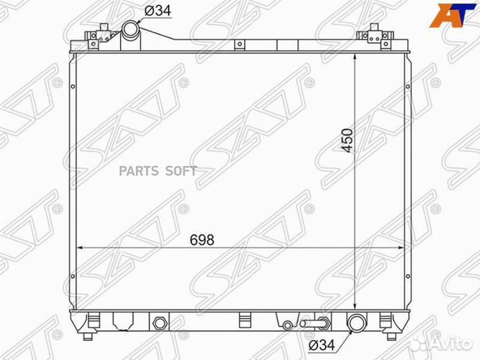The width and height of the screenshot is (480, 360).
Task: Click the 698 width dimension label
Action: pyautogui.click(x=202, y=240)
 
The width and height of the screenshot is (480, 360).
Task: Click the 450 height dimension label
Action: pyautogui.click(x=347, y=141)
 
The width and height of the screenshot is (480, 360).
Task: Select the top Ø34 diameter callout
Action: pyautogui.click(x=157, y=11)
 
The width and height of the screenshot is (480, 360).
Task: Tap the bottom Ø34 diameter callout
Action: pyautogui.click(x=322, y=345)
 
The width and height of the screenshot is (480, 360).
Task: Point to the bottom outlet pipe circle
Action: pyautogui.click(x=357, y=323)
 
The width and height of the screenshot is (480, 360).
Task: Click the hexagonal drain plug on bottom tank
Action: pyautogui.click(x=159, y=323)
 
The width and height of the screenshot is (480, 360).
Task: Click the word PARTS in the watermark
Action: pyautogui.click(x=139, y=171)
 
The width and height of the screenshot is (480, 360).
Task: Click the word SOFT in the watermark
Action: pyautogui.click(x=181, y=171)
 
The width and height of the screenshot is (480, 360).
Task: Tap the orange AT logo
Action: pyautogui.click(x=453, y=15)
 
